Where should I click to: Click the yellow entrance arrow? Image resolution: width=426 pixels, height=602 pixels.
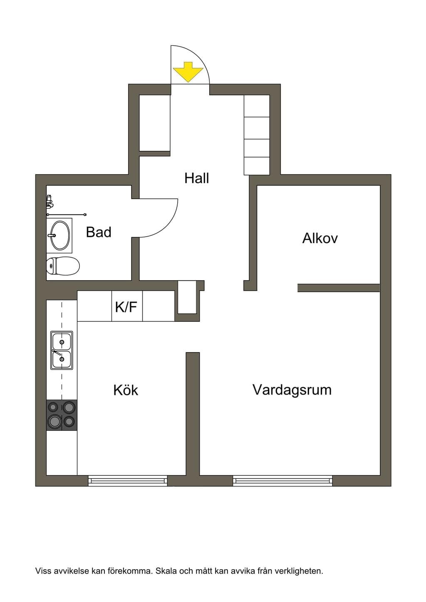point(188,72)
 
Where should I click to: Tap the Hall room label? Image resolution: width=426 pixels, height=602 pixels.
point(197,178)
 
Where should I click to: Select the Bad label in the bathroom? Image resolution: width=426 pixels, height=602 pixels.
point(99,232)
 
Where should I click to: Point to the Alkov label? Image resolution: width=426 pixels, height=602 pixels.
point(320,238)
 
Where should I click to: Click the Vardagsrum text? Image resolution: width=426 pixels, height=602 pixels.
point(292,390)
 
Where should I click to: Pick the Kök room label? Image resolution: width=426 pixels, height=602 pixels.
point(126,390)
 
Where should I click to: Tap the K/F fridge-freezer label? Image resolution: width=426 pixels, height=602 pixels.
point(126,307)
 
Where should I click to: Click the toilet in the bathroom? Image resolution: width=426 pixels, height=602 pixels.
point(63,266)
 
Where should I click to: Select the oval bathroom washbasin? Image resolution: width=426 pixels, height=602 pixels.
point(60,235)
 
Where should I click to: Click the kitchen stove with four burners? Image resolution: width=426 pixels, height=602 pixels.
point(62,415)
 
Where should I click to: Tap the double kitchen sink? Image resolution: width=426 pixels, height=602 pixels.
point(62,350)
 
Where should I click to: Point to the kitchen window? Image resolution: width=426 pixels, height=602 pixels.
point(128,480)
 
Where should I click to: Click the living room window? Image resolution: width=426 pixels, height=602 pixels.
point(282,480)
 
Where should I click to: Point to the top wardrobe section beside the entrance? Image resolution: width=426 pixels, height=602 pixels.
point(257,106)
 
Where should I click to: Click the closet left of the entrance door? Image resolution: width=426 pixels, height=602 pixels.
point(155,123)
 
